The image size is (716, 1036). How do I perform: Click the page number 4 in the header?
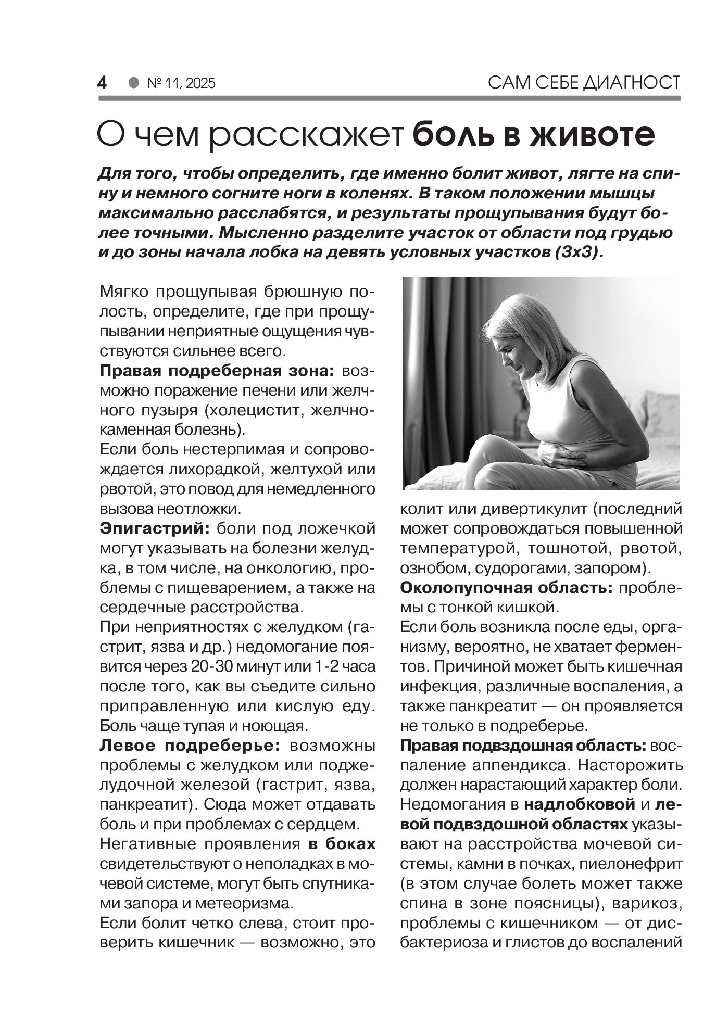pos(102,83)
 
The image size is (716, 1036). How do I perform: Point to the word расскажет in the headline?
pos(307,136)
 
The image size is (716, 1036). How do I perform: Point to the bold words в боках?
pos(342,843)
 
